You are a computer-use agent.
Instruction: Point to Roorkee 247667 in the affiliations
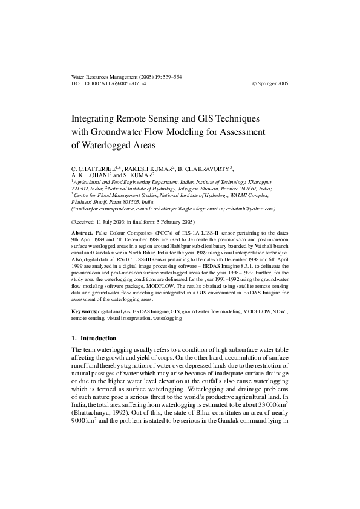245,189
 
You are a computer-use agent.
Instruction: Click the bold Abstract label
82,233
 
